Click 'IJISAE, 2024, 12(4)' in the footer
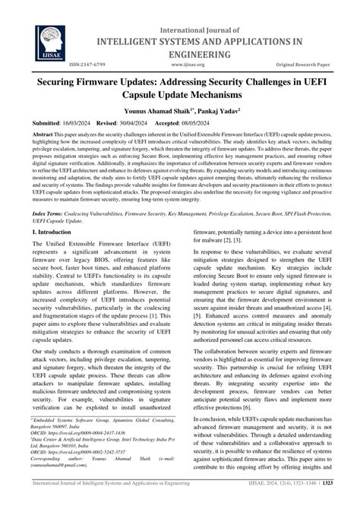(273, 502)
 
